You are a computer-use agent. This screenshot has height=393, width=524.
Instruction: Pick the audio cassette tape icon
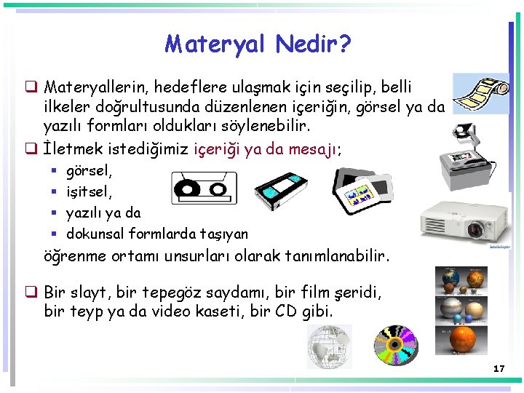coord(194,188)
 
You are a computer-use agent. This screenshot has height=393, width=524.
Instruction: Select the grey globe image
coord(330,346)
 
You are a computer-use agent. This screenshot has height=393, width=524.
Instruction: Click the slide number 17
coord(499,369)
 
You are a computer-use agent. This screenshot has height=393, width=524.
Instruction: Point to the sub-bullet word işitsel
coord(90,192)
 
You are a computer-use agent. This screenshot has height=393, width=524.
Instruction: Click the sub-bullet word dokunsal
coord(95,234)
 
